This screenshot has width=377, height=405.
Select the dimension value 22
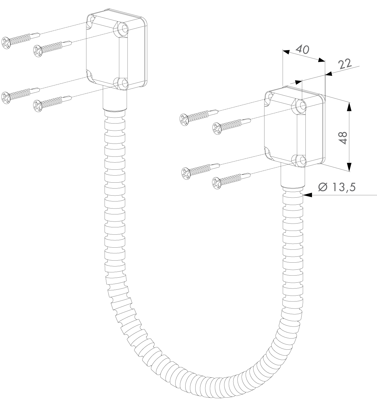point(345,64)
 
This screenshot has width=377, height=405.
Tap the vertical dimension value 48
point(343,138)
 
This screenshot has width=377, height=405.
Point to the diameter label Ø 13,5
point(337,187)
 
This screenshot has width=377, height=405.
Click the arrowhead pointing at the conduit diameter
point(307,195)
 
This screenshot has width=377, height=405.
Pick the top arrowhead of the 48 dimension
point(349,107)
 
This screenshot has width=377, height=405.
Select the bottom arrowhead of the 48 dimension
point(349,166)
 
